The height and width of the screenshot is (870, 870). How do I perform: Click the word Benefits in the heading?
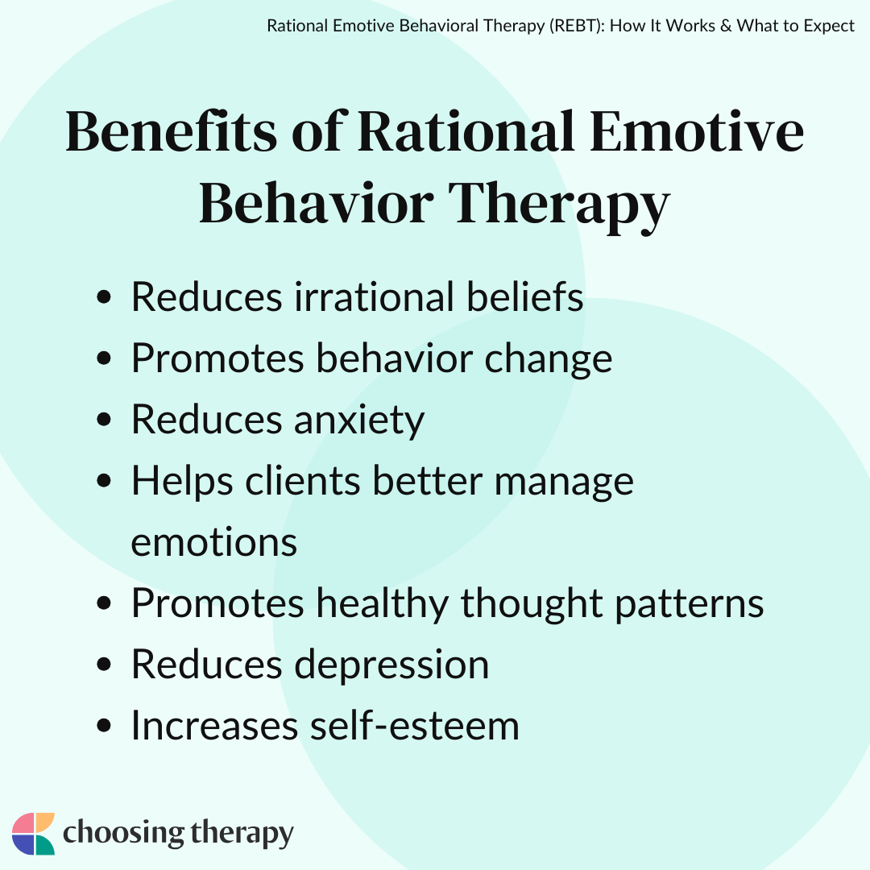(x=171, y=131)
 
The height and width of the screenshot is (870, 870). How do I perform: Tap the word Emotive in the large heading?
(x=696, y=131)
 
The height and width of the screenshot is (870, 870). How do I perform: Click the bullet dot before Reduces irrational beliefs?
(x=104, y=296)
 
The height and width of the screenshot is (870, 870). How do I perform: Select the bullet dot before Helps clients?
(x=104, y=480)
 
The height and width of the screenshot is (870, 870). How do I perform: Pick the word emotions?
(x=214, y=543)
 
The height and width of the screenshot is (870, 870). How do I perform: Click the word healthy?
(x=383, y=604)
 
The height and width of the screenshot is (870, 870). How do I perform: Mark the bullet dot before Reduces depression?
(x=104, y=664)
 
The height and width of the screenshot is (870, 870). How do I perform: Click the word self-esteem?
(x=415, y=726)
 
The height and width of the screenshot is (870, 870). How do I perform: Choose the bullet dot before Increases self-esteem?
(x=104, y=725)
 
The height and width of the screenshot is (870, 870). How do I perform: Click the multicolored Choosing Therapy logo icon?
(x=33, y=834)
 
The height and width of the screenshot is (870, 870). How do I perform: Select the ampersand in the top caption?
(x=726, y=26)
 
